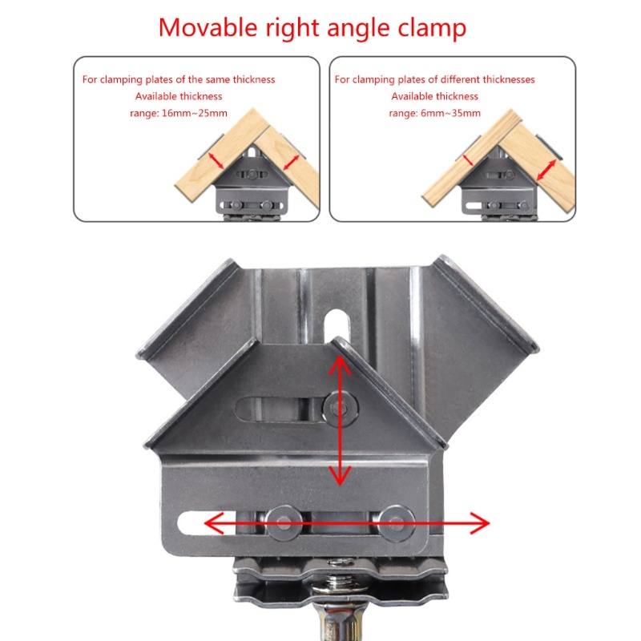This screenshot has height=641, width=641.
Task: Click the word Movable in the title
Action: [x=208, y=28]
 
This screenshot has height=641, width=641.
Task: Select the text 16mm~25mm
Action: [x=195, y=113]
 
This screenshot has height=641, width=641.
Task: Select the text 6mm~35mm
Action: [x=450, y=113]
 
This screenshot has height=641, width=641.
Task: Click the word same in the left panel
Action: [x=218, y=79]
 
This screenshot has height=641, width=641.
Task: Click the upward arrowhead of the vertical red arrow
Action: [x=340, y=365]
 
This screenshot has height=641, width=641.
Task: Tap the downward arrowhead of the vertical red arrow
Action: [x=340, y=475]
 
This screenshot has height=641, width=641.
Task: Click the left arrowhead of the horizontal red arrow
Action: [x=214, y=523]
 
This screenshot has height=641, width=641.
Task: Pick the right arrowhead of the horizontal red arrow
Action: [x=479, y=523]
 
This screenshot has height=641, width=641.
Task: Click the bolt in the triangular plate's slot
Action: [x=340, y=408]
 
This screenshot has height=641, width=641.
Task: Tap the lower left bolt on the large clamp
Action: [x=284, y=523]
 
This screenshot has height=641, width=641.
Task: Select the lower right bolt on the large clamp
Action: [x=396, y=523]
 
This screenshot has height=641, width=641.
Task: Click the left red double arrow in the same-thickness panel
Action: [x=216, y=161]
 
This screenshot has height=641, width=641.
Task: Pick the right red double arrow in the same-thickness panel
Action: [x=291, y=163]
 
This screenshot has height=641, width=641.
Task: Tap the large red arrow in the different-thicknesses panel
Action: [x=546, y=170]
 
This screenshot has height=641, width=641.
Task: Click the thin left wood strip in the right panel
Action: [x=471, y=159]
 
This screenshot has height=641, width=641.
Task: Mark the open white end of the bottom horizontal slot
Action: [x=192, y=523]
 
